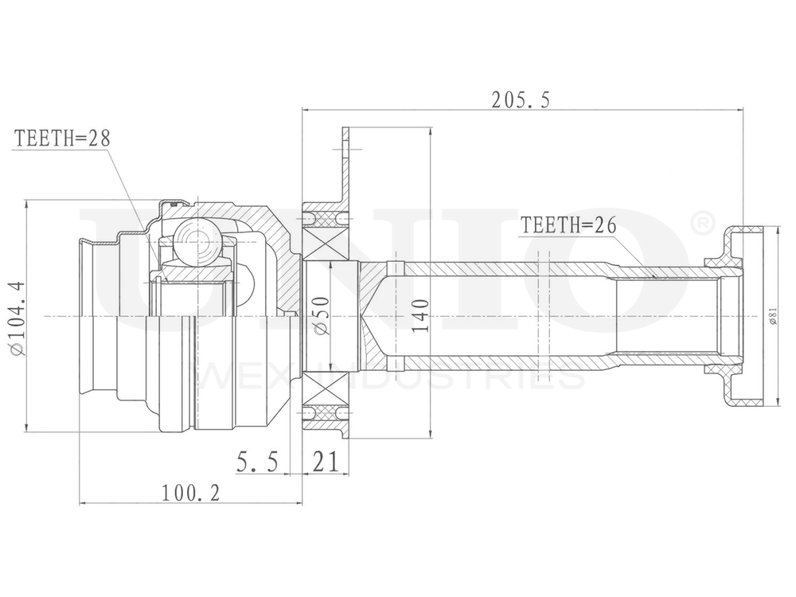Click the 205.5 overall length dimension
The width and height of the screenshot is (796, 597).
(x=521, y=99)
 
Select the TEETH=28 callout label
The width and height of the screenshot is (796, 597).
(x=62, y=138)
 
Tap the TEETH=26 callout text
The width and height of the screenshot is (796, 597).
(x=568, y=225)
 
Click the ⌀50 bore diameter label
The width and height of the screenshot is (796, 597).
(x=322, y=316)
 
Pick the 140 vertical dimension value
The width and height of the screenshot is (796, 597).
(x=421, y=316)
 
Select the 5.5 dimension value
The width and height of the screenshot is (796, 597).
(x=257, y=462)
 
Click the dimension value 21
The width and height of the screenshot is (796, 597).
(x=324, y=462)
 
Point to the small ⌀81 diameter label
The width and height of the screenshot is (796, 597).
(x=772, y=317)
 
